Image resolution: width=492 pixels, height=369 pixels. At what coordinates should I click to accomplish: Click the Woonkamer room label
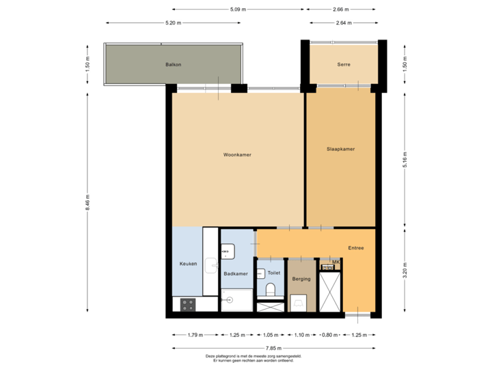tap(237, 155)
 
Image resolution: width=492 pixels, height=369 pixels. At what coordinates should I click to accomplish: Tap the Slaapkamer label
tap(340, 149)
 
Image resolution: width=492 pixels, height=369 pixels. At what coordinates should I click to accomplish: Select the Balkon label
tap(173, 64)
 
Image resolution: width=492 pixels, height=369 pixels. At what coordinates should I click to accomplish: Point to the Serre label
tap(343, 64)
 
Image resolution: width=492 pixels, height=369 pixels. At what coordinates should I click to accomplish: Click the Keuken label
tap(188, 264)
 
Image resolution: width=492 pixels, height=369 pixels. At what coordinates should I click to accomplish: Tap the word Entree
tap(356, 248)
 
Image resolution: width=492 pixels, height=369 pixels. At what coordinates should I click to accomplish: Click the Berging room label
tap(301, 279)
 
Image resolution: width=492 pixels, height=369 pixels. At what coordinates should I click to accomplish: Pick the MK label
tap(336, 262)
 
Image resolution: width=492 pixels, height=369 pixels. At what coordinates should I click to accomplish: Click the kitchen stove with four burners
tap(189, 305)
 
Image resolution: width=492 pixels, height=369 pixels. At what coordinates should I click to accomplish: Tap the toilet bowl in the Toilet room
tap(269, 292)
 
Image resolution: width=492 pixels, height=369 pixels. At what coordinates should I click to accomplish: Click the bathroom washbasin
tap(227, 251)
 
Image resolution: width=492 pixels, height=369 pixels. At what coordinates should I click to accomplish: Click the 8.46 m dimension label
tap(87, 202)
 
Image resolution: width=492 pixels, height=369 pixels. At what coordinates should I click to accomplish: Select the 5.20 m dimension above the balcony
tap(174, 23)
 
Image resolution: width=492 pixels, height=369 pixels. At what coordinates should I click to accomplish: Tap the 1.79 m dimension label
tap(195, 335)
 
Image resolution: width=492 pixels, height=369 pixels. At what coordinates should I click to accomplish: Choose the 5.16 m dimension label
tap(405, 159)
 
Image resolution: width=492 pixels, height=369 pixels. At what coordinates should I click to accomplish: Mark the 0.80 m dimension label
tap(330, 335)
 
